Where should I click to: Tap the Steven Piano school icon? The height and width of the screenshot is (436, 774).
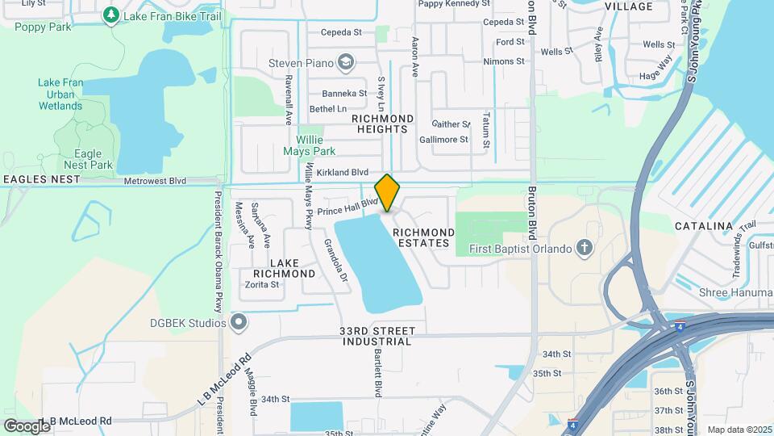pyautogui.click(x=346, y=62)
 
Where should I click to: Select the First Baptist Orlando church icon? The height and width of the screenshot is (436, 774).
pyautogui.click(x=585, y=248)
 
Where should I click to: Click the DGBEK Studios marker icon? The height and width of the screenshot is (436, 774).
pyautogui.click(x=239, y=323)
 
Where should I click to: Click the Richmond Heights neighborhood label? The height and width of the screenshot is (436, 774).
pyautogui.click(x=383, y=124)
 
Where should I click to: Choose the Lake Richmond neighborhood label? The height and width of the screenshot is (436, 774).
pyautogui.click(x=281, y=268)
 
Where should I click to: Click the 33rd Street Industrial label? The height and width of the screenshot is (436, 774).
pyautogui.click(x=377, y=336)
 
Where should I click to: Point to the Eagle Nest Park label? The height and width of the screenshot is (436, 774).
pyautogui.click(x=89, y=159)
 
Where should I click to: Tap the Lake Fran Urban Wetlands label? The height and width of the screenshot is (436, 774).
pyautogui.click(x=60, y=94)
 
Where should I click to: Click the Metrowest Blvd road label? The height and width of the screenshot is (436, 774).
pyautogui.click(x=155, y=182)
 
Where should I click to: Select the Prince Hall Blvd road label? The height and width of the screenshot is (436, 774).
pyautogui.click(x=347, y=208)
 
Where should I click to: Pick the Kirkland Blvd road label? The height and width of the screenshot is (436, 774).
pyautogui.click(x=343, y=173)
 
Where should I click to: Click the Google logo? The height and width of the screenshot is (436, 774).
pyautogui.click(x=27, y=426)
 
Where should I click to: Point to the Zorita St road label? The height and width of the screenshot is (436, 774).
pyautogui.click(x=261, y=284)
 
